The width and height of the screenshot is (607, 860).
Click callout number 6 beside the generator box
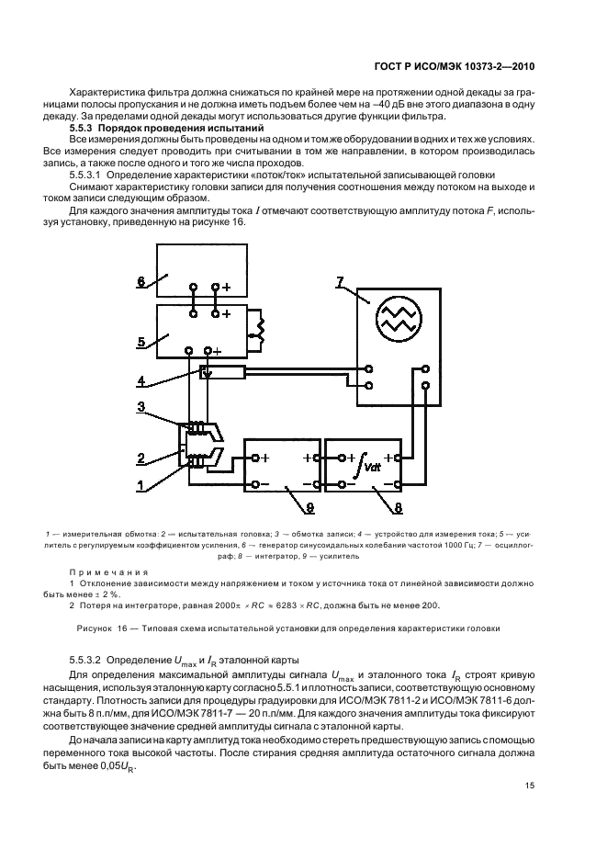[141, 281]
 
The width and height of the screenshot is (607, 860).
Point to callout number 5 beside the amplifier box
[141, 341]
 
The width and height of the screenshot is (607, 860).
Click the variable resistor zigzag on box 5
[261, 326]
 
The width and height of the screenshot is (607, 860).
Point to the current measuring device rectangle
[223, 372]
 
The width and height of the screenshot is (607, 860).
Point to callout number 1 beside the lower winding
[141, 483]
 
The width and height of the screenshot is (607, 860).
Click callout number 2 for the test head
[141, 457]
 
